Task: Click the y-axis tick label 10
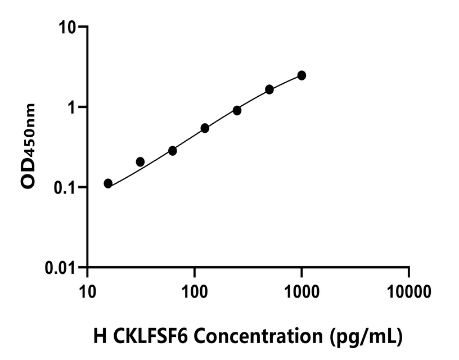tap(69, 27)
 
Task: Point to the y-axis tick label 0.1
tap(67, 187)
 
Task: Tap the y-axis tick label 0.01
tap(61, 268)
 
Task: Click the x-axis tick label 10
tap(87, 291)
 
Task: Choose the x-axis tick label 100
tap(194, 291)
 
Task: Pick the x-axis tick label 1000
tap(301, 291)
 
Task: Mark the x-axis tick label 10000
tap(409, 291)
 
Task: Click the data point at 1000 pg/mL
tap(301, 75)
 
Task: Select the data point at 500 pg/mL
tap(269, 89)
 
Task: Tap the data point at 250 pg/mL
tap(237, 110)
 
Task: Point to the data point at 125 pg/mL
tap(205, 128)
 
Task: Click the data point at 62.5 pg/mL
tap(173, 151)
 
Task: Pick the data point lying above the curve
tap(140, 162)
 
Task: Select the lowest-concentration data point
tap(108, 183)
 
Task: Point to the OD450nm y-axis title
tap(28, 147)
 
